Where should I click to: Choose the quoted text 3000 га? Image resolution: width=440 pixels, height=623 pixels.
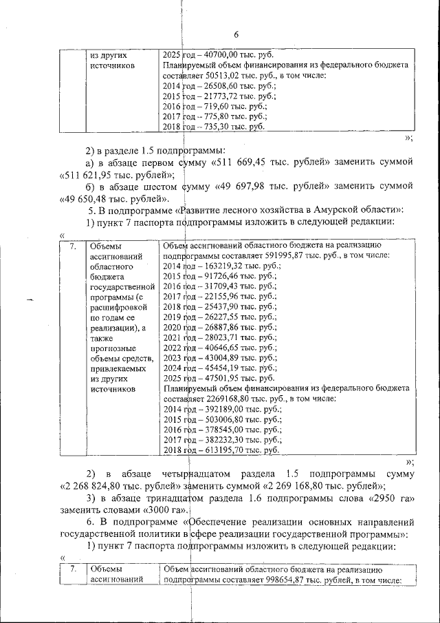[162, 509]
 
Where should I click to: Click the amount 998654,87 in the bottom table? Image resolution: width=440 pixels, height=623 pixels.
[281, 580]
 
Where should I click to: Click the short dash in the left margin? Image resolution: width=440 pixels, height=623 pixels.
[30, 299]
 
